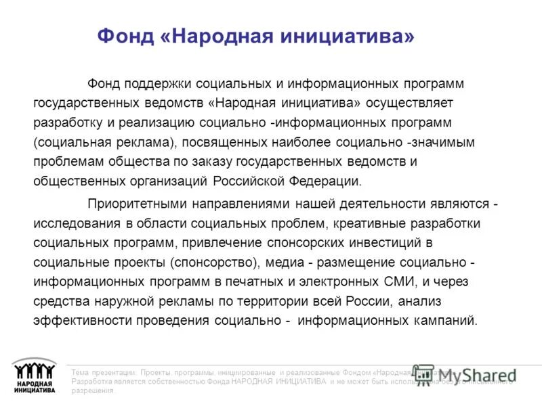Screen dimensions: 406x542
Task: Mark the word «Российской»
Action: (x=249, y=181)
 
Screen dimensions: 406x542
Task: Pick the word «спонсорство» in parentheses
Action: (x=213, y=262)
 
